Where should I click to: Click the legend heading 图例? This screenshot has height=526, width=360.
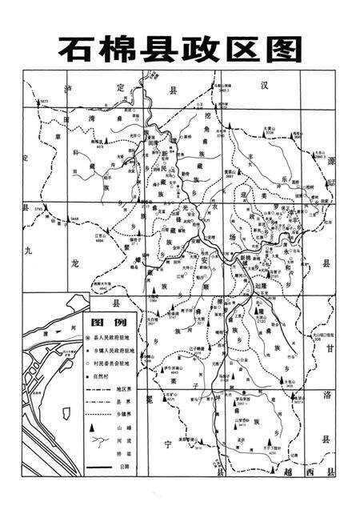tap(108, 322)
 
